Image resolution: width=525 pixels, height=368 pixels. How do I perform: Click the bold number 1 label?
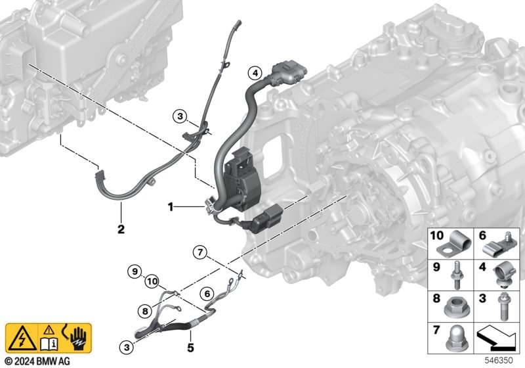[171, 207]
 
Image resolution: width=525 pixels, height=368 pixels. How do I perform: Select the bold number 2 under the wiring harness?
[121, 229]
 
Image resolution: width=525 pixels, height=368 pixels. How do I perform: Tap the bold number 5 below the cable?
[190, 348]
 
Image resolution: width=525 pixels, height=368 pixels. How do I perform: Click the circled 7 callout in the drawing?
[200, 252]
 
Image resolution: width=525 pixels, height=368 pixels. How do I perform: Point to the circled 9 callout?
[135, 271]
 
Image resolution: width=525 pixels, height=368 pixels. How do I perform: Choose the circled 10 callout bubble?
[152, 281]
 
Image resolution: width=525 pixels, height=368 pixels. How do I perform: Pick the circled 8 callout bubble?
[144, 311]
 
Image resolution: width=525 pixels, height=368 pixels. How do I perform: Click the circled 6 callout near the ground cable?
[207, 294]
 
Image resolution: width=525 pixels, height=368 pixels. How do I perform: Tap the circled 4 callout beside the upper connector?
[255, 73]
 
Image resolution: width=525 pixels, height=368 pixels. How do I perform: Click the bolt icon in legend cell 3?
[503, 306]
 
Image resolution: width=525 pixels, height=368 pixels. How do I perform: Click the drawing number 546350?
[499, 360]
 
